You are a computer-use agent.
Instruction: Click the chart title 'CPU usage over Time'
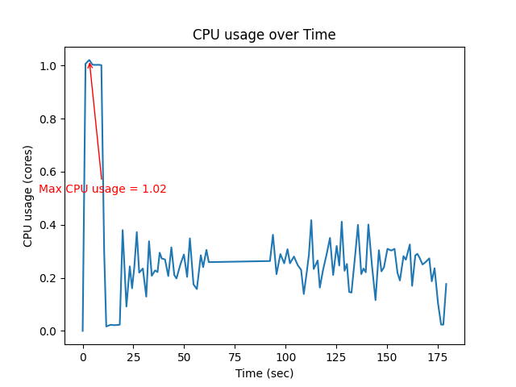tap(264, 35)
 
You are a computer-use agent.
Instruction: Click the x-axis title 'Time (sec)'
tap(264, 373)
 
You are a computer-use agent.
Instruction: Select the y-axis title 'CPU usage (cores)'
tap(28, 196)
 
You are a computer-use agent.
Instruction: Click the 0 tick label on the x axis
tap(82, 356)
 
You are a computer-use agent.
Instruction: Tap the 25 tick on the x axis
tap(133, 356)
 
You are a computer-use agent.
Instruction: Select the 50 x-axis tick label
tap(184, 356)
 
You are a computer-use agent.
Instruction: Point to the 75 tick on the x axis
tap(235, 356)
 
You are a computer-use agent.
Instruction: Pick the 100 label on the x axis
tap(285, 356)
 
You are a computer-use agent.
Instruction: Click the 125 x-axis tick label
tap(336, 356)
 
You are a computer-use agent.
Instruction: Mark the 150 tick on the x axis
tap(387, 356)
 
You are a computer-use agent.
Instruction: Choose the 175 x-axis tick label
tap(438, 356)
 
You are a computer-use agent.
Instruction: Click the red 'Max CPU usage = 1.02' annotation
tap(103, 189)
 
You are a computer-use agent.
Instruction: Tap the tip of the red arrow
tap(89, 61)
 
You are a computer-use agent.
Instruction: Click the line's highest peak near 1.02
tap(89, 60)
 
